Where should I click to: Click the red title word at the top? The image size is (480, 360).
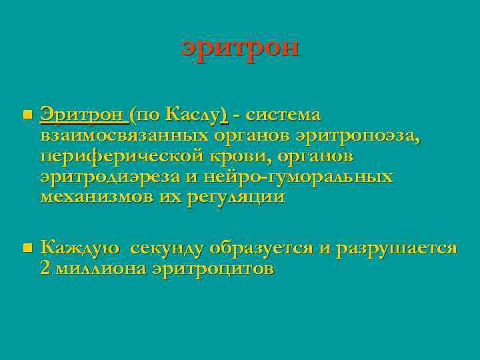240,49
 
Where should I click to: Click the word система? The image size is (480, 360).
283,115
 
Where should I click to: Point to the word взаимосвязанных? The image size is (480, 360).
125,136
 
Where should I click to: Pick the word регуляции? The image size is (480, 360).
233,198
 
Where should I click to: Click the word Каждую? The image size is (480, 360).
80,249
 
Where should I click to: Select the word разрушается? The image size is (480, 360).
397,249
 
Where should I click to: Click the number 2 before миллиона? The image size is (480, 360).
45,269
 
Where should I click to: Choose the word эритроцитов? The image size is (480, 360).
213,269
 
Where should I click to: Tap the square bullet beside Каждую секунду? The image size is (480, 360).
26,249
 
